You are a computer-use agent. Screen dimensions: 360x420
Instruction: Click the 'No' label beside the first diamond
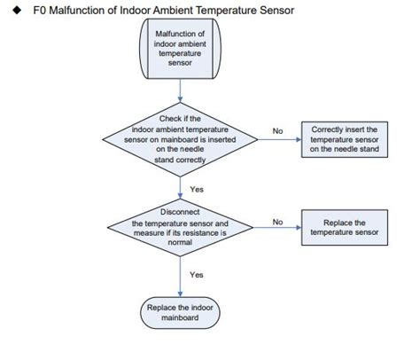(x=277, y=130)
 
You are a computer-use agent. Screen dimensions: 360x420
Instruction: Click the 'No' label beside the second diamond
(x=277, y=222)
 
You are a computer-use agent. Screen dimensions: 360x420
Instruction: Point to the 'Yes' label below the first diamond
(x=197, y=189)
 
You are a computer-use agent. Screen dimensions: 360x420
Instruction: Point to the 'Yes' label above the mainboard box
(x=197, y=275)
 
